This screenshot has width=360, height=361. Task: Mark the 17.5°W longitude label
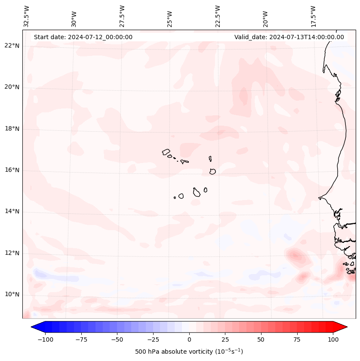tap(314, 15)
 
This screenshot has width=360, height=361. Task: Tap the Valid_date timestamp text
tap(289, 37)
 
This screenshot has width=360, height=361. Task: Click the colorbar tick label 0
tap(189, 339)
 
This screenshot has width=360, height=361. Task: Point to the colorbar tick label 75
tap(297, 339)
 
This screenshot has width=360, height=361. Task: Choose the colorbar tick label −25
tap(153, 339)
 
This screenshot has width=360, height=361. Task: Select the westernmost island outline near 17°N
tap(166, 152)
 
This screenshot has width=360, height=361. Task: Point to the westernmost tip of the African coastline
tap(319, 198)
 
